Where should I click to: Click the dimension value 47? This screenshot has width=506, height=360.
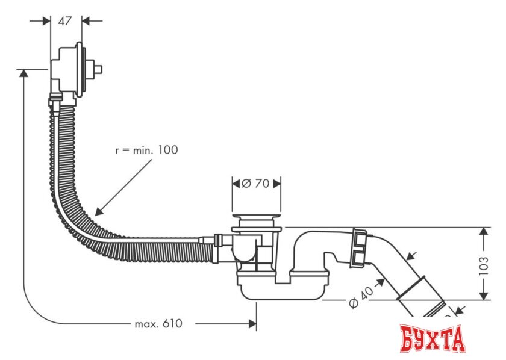[65, 20]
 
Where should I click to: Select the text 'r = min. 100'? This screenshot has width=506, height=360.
[146, 150]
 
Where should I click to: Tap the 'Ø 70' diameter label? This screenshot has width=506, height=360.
[255, 184]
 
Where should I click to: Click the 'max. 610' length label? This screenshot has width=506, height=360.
[158, 324]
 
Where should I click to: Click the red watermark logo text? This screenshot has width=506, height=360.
[433, 338]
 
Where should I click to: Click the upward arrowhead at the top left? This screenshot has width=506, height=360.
[23, 73]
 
